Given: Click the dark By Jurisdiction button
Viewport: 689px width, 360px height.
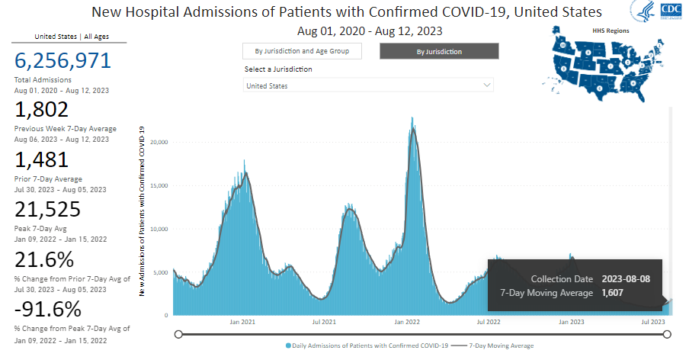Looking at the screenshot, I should pyautogui.click(x=439, y=51).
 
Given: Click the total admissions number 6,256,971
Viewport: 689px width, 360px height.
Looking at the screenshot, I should pyautogui.click(x=62, y=62).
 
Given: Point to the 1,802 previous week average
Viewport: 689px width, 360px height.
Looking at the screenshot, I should pyautogui.click(x=42, y=111).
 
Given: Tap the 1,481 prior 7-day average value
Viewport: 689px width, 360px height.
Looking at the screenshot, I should pyautogui.click(x=42, y=160).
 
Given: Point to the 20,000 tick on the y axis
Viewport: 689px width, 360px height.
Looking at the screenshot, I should pyautogui.click(x=159, y=142).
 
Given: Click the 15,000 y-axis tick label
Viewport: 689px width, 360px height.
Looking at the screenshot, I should pyautogui.click(x=159, y=185).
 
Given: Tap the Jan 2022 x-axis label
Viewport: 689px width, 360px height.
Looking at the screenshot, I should pyautogui.click(x=408, y=322).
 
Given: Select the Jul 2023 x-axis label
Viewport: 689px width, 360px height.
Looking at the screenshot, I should pyautogui.click(x=653, y=322).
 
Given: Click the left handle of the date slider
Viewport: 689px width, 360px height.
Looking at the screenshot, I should pyautogui.click(x=178, y=334).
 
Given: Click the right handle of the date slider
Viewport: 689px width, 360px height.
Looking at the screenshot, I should pyautogui.click(x=668, y=334).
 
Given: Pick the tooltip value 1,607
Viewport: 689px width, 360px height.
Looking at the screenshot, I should pyautogui.click(x=613, y=293).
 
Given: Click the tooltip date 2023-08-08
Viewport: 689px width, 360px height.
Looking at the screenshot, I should pyautogui.click(x=626, y=279).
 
